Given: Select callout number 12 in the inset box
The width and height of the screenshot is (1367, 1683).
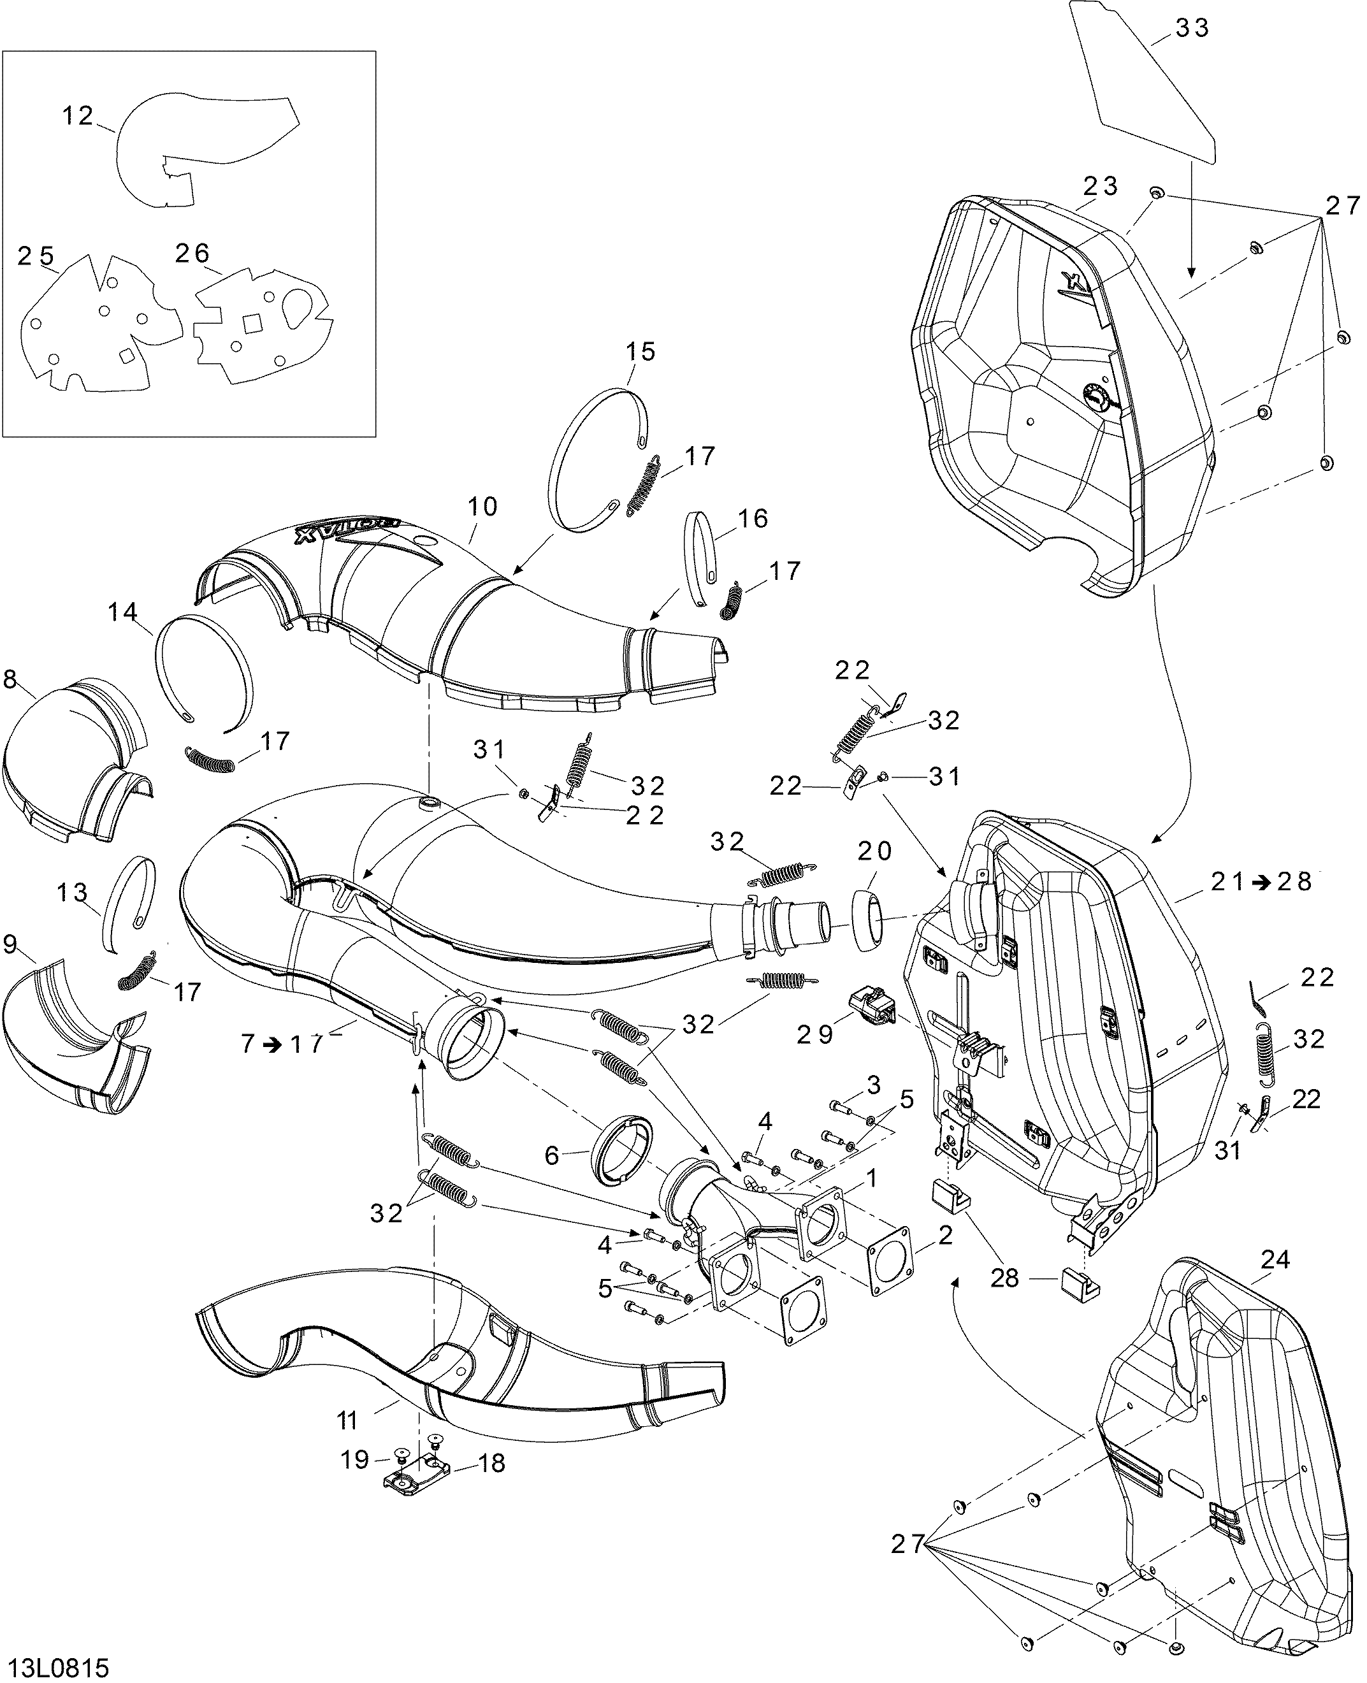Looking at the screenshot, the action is click(78, 117).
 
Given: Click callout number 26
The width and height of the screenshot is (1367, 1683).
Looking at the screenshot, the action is click(193, 254).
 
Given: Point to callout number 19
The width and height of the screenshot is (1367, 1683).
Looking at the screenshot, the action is click(354, 1460).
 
